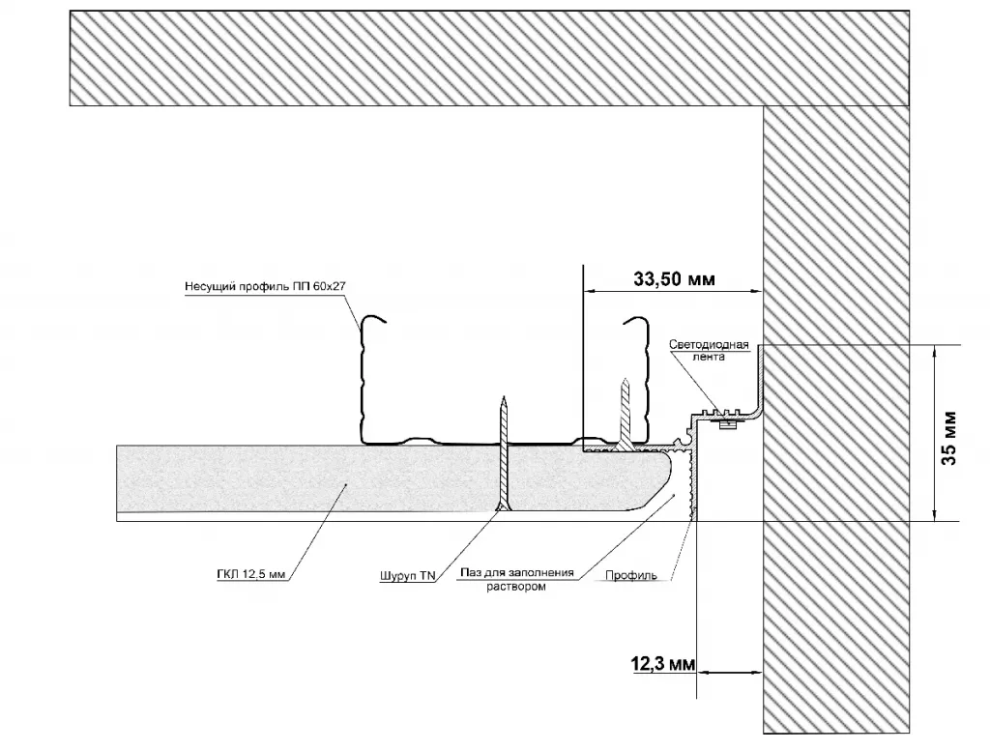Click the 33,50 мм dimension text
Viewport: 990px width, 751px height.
tap(674, 280)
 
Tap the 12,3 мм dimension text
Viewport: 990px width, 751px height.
tap(662, 664)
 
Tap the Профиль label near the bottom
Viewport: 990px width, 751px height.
tap(631, 576)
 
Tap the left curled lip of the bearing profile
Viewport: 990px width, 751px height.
tap(372, 325)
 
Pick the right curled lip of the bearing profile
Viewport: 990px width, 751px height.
tap(635, 325)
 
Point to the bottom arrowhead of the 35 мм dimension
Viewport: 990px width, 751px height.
tap(935, 515)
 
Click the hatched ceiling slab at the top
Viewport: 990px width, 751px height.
tap(483, 56)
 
